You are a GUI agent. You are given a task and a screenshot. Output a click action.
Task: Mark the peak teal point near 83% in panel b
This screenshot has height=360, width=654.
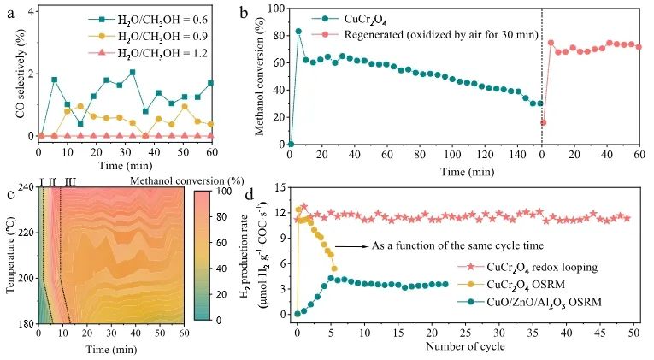298,32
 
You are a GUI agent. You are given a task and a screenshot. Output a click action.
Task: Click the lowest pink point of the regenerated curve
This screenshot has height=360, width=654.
544,122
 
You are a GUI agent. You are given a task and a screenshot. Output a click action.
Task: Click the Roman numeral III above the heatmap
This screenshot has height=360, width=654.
70,181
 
